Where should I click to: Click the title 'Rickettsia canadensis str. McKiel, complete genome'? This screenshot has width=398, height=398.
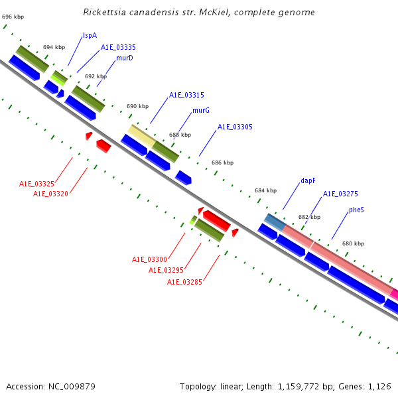pos(199,13)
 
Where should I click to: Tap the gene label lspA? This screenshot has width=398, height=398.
pos(90,35)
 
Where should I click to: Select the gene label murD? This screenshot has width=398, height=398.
pos(125,58)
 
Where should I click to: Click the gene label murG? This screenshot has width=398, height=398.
pos(201,110)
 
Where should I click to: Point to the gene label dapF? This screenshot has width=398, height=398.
pos(308,180)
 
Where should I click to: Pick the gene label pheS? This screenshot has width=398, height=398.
pos(356,210)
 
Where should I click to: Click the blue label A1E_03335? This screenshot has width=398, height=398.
pos(118,47)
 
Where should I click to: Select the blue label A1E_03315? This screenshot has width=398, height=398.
pos(186,95)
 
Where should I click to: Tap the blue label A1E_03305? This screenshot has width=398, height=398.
pos(235,127)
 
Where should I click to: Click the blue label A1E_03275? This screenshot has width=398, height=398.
pos(340,194)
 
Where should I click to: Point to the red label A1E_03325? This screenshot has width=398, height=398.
pos(36,184)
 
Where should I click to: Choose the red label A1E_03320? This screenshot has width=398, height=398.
pos(51,194)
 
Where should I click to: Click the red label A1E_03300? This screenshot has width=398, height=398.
pos(149,259)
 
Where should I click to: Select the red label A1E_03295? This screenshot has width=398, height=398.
pos(166,270)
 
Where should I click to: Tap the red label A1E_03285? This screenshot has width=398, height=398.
pos(184,282)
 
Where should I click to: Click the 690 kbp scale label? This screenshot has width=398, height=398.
pos(137,106)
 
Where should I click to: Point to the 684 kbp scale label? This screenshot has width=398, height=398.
pos(265,190)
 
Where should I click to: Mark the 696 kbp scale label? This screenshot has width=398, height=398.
pos(13,15)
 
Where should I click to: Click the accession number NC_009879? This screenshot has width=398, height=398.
pos(77,386)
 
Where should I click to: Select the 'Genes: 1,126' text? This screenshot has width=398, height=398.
pos(369,386)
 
